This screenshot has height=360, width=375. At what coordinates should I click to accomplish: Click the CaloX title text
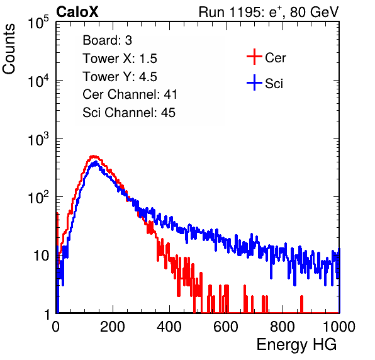tap(77, 12)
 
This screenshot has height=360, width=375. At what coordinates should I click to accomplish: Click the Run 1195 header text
tap(269, 12)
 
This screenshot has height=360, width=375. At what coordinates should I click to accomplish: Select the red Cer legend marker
tap(254, 57)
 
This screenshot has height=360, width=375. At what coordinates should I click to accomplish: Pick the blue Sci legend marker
tap(254, 82)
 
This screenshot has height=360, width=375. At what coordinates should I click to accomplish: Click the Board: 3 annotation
tap(107, 40)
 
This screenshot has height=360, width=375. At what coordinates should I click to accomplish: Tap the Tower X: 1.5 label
tap(120, 59)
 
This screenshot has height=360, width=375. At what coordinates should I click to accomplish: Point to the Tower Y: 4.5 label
tap(120, 77)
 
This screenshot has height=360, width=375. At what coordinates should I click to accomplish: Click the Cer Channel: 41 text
tap(130, 94)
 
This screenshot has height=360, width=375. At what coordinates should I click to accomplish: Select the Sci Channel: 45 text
tap(129, 113)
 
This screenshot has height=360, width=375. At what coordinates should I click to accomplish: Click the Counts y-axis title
tap(9, 48)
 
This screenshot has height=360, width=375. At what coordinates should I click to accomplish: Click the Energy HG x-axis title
tap(296, 345)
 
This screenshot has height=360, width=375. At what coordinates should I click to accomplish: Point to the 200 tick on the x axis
tap(113, 327)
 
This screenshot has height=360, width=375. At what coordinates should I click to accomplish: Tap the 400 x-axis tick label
tap(169, 327)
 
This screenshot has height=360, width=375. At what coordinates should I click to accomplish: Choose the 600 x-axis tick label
tap(226, 327)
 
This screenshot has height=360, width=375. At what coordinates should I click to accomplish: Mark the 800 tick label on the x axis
tap(283, 327)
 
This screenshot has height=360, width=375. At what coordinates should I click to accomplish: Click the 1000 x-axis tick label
tap(339, 327)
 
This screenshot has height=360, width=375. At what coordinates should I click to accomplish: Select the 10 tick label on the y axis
tap(41, 256)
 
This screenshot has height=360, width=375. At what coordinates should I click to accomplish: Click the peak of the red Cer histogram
tap(94, 156)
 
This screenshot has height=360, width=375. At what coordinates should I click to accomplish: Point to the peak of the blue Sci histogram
tap(96, 162)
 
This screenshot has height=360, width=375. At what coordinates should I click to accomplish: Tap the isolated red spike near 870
tap(301, 304)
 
